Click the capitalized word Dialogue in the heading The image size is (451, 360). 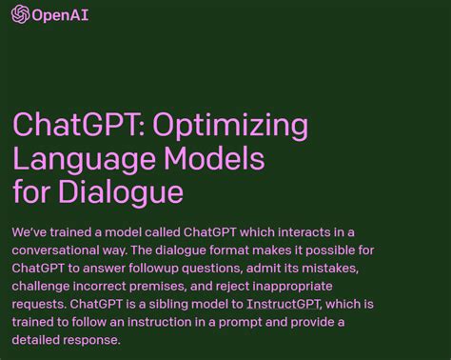(122, 191)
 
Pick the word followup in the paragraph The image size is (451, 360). (177, 269)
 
